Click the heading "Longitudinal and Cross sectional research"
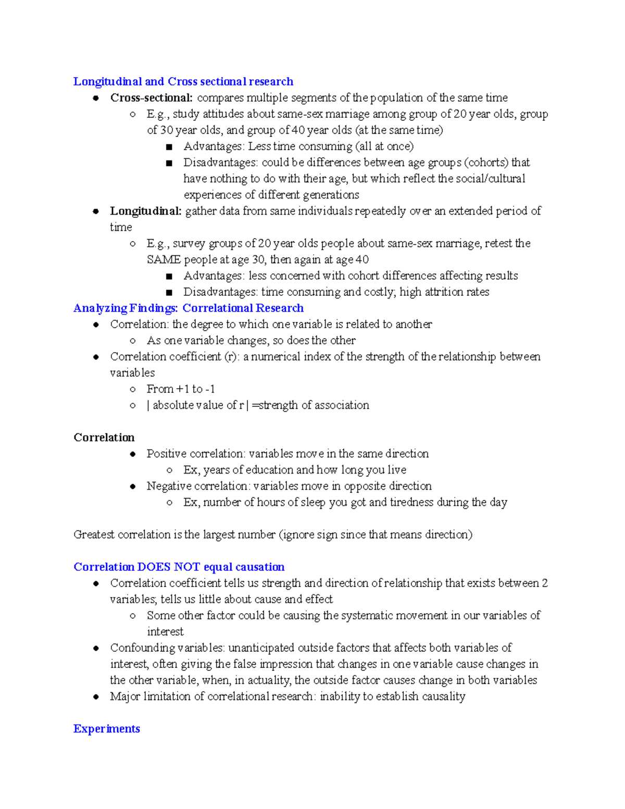(183, 81)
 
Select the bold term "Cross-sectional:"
(151, 98)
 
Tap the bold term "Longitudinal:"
(145, 211)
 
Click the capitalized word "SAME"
(164, 259)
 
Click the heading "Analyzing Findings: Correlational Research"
(188, 308)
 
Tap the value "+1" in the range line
(183, 389)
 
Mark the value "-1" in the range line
(210, 389)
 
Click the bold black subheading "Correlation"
(104, 438)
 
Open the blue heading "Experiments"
(106, 729)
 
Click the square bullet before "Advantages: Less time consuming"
(169, 147)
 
